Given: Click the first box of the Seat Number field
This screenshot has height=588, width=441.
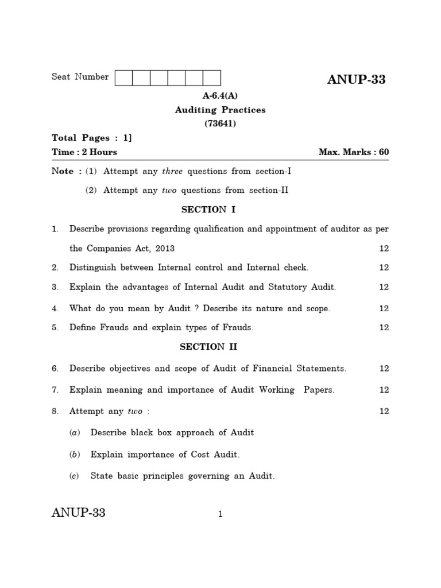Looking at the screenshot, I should click(x=124, y=78).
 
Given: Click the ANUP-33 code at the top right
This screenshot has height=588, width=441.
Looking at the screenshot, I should click(x=356, y=80).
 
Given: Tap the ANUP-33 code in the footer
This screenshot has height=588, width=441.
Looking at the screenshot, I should click(x=79, y=513).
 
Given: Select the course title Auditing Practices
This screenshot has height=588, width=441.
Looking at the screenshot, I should click(x=220, y=110).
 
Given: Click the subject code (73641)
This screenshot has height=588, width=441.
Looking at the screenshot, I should click(x=220, y=123).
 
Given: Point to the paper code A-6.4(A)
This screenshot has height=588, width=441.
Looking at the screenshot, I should click(x=220, y=96).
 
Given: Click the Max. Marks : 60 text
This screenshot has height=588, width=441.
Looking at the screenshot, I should click(x=354, y=152).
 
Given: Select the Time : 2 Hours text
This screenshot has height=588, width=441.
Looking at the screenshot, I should click(x=84, y=152).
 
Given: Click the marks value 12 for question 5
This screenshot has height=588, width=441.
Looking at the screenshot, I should click(x=384, y=328).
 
